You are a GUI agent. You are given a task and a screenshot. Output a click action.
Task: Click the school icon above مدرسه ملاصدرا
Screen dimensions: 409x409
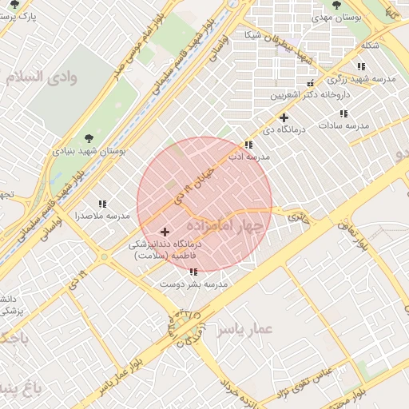[101, 204]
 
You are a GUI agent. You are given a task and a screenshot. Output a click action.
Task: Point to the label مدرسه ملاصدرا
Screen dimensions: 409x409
[101, 216]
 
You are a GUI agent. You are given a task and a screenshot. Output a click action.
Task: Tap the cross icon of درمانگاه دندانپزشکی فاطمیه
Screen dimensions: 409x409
[165, 232]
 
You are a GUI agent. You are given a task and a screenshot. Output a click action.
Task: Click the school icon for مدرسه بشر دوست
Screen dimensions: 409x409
[194, 272]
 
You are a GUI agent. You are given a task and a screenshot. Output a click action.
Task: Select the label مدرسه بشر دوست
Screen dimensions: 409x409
[194, 284]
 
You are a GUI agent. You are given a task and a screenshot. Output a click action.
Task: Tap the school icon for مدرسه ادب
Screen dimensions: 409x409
[249, 145]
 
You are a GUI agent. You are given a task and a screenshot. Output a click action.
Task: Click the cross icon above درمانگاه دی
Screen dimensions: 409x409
[284, 117]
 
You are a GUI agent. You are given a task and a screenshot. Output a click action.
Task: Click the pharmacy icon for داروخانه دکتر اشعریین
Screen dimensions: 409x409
[311, 83]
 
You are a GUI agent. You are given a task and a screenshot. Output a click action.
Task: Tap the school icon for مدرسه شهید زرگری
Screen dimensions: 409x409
[361, 67]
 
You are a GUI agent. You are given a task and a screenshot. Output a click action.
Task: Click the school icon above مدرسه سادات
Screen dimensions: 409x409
[346, 113]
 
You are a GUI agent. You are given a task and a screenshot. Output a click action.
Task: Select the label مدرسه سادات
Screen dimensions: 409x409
[343, 126]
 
